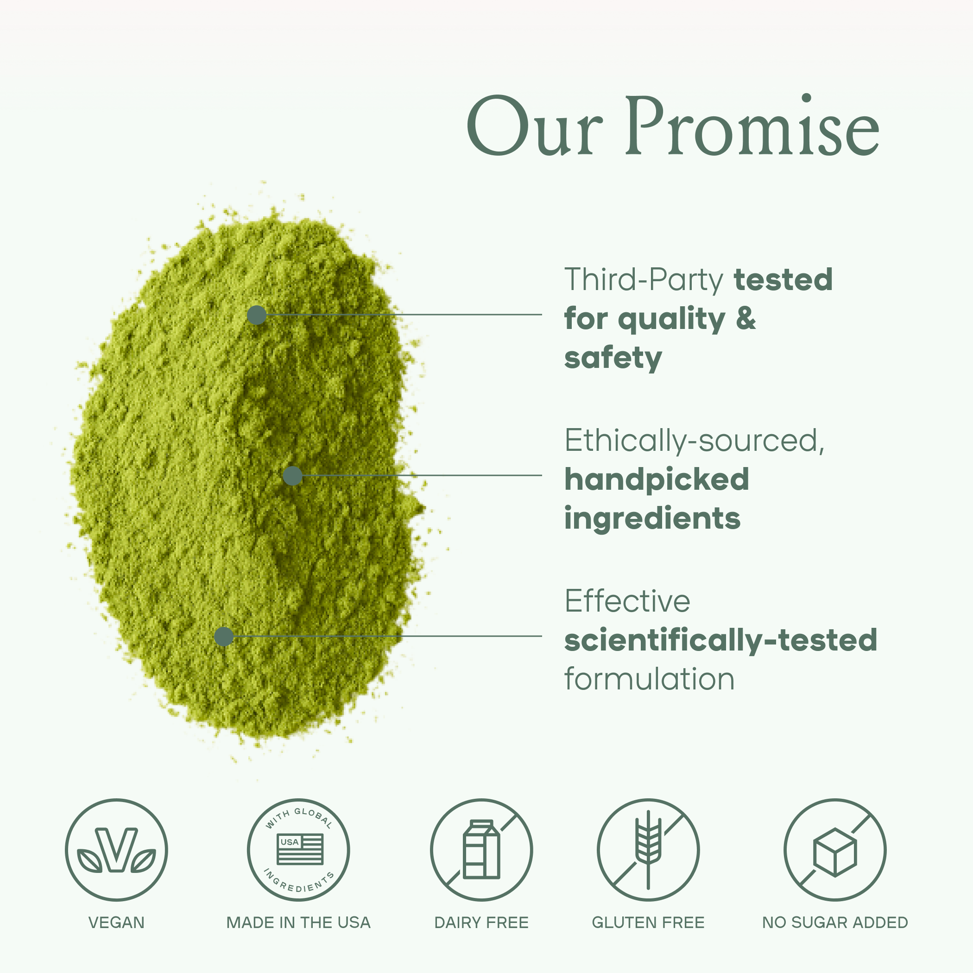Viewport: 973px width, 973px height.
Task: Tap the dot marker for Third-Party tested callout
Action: [x=256, y=315]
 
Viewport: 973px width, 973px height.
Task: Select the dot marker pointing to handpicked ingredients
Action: [x=293, y=475]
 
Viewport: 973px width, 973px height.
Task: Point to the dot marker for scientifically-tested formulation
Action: [x=224, y=636]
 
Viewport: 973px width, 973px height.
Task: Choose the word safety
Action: [x=613, y=358]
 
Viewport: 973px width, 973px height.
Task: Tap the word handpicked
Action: [x=656, y=479]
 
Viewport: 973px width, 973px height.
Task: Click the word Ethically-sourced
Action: [x=694, y=441]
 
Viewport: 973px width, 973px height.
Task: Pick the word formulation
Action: [x=649, y=679]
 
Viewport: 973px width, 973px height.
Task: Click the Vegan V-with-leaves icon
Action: [x=116, y=850]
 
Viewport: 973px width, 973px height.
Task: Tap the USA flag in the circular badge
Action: [x=300, y=849]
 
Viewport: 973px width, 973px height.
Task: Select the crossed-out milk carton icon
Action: [x=481, y=850]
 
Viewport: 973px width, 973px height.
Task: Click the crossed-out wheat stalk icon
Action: [x=648, y=850]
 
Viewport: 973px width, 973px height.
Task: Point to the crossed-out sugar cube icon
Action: [x=835, y=850]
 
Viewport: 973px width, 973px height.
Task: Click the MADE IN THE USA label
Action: [x=298, y=922]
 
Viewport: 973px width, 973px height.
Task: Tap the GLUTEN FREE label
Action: [x=648, y=922]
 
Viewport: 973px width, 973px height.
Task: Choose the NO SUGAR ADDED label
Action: [x=835, y=922]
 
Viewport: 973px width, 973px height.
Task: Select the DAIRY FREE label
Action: [x=481, y=922]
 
